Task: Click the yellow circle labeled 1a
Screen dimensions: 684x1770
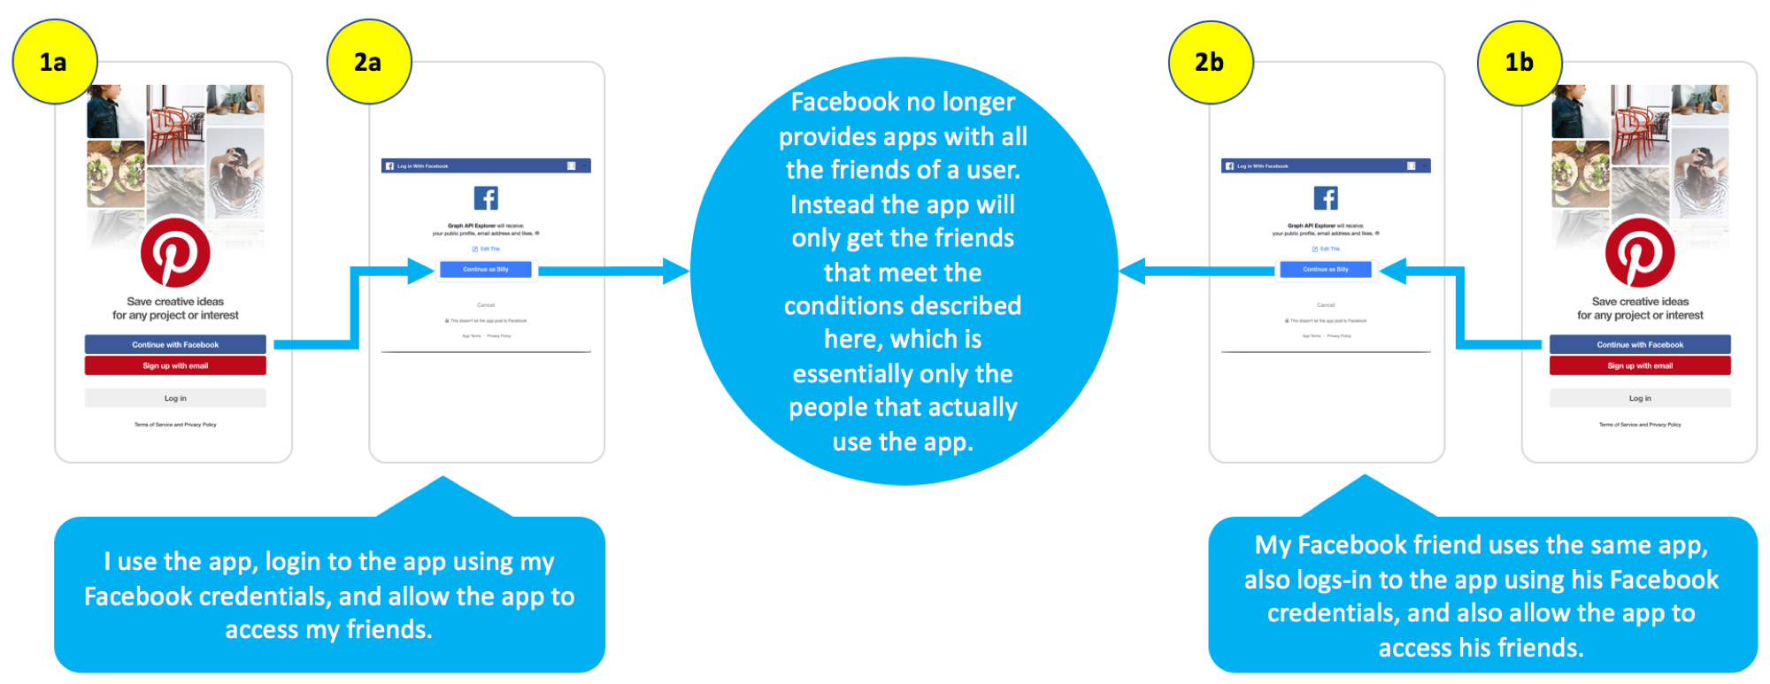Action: tap(54, 62)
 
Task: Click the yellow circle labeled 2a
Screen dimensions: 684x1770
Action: tap(368, 62)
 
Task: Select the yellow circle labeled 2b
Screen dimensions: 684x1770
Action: tap(1210, 62)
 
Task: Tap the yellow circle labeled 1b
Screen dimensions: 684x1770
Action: tap(1520, 62)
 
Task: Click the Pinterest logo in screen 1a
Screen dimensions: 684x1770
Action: tap(175, 253)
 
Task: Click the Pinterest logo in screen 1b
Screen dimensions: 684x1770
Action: tap(1640, 253)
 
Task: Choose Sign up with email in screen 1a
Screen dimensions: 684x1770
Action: tap(175, 365)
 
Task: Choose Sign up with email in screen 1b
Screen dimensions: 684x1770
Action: tap(1640, 365)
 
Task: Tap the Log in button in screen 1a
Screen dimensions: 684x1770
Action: tap(175, 398)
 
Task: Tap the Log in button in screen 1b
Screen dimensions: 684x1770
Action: tap(1640, 398)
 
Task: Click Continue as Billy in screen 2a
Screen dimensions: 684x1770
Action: tap(486, 269)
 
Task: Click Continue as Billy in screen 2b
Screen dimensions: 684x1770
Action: tap(1326, 269)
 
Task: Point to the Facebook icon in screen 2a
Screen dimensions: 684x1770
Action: tap(486, 197)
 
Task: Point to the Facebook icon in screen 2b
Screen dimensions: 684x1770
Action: tap(1326, 197)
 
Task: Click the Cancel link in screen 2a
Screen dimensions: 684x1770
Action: tap(486, 304)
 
